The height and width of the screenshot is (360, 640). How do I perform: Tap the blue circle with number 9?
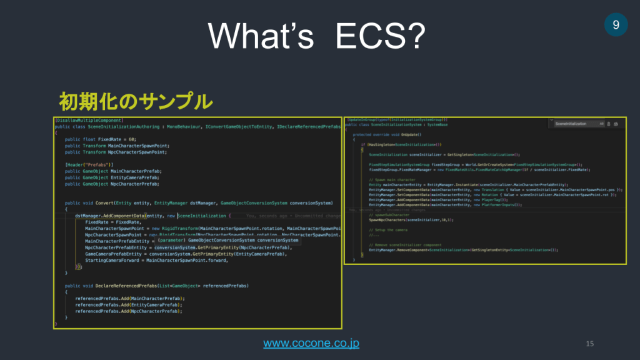click(616, 24)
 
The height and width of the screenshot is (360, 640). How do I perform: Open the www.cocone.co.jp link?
click(311, 343)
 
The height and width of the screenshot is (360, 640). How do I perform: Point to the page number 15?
click(589, 343)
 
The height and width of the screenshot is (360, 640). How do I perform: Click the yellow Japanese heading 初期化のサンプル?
click(136, 101)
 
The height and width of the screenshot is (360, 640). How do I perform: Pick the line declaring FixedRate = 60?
click(100, 139)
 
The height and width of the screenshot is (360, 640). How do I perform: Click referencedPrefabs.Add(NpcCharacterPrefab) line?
click(129, 311)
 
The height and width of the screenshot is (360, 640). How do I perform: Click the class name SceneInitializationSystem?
click(394, 124)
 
